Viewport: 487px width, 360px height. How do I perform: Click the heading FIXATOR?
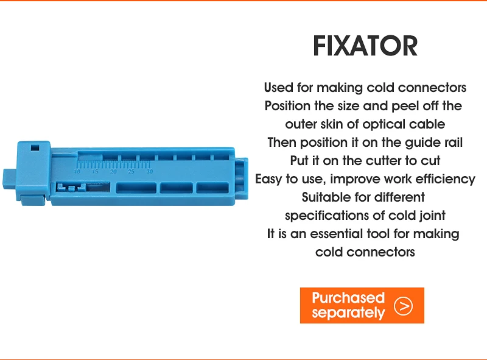pos(365,46)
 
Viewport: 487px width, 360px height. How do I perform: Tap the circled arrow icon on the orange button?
pos(403,306)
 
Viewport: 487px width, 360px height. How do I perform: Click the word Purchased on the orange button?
pos(348,297)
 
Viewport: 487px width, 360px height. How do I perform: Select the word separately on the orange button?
pos(348,312)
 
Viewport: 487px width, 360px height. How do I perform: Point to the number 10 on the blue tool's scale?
pos(77,172)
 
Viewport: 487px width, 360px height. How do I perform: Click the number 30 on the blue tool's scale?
pos(149,172)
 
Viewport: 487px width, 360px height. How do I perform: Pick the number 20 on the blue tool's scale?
pos(113,172)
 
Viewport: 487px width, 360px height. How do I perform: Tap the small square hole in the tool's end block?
pos(35,147)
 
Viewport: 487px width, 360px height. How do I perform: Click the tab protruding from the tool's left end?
pos(9,179)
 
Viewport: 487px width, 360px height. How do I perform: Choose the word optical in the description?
pos(384,125)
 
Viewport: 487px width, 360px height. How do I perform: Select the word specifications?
pos(328,216)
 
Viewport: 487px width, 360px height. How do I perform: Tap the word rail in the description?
pos(454,143)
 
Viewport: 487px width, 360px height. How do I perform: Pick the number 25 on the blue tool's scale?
pos(131,172)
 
